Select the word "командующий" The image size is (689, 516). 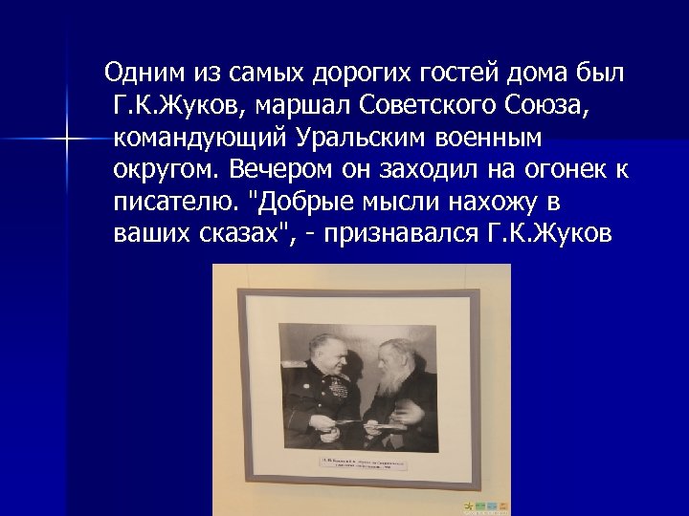[199, 138]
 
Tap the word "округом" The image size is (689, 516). [168, 170]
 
